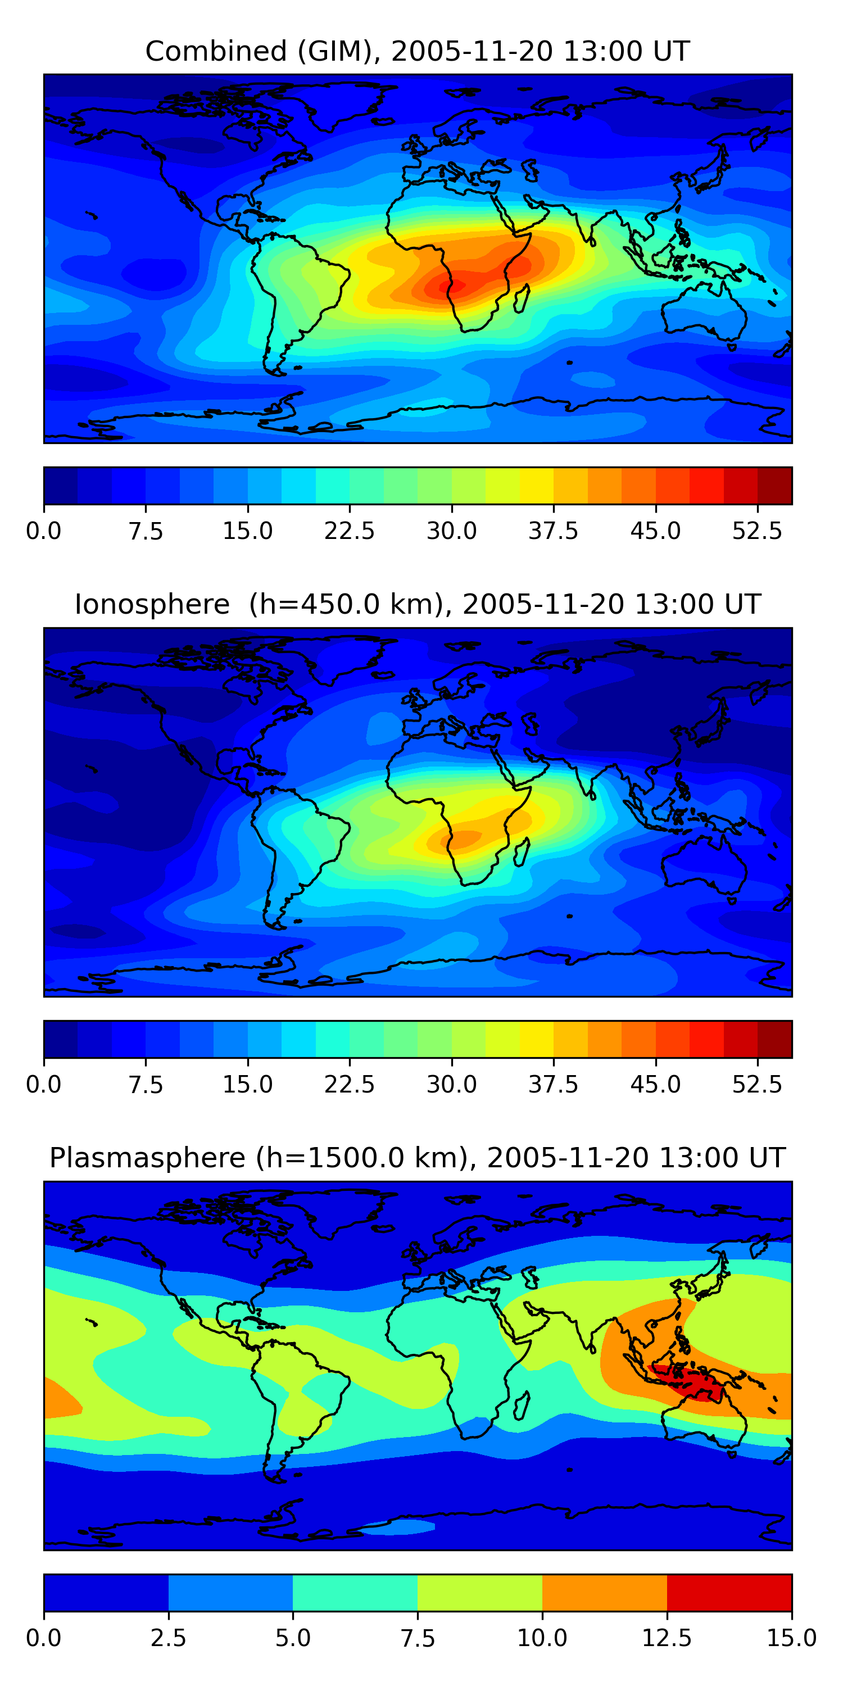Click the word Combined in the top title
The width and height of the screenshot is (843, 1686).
(216, 51)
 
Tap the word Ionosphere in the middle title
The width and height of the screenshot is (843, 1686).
(152, 604)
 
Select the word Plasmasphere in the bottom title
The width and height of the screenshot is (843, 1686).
(147, 1157)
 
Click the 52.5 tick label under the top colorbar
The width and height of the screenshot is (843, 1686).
(756, 531)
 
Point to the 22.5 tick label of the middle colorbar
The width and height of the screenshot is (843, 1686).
(349, 1084)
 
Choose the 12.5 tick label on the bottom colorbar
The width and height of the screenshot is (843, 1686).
(667, 1638)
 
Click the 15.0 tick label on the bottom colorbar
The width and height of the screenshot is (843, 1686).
(791, 1638)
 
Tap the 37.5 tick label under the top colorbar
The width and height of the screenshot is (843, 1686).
(553, 531)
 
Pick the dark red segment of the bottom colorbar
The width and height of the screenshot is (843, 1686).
(729, 1592)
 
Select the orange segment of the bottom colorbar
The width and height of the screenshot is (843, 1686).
(604, 1592)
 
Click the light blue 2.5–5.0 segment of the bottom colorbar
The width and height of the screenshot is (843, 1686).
(230, 1592)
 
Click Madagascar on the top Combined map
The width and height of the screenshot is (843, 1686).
(522, 298)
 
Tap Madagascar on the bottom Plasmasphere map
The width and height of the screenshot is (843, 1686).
(522, 1406)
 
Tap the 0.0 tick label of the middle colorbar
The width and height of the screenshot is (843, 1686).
(43, 1084)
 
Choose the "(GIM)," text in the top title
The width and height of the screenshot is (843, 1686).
(339, 51)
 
